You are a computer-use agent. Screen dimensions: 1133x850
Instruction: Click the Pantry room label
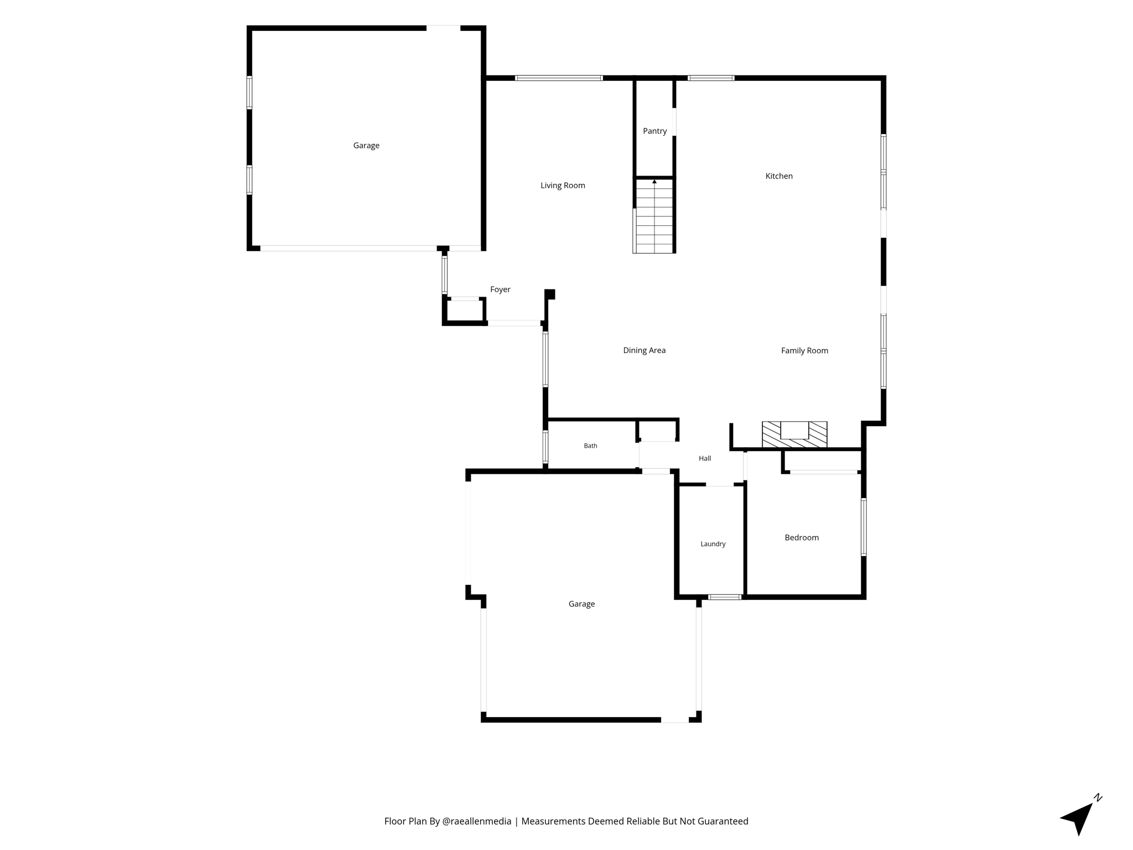(654, 131)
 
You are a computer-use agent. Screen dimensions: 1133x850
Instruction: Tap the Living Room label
(563, 185)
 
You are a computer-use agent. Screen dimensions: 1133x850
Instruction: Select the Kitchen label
(779, 176)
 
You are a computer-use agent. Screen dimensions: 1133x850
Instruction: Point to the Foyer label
(500, 289)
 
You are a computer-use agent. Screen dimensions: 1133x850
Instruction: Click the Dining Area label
(644, 350)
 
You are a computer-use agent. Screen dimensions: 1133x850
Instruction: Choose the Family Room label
(804, 350)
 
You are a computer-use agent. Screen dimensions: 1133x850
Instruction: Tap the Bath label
(590, 445)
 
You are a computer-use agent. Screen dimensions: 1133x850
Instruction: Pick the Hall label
(705, 458)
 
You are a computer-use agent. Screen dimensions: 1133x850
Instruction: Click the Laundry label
(713, 544)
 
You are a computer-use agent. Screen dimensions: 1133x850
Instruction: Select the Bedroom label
(802, 537)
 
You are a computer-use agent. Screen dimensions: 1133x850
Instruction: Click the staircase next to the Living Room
(654, 216)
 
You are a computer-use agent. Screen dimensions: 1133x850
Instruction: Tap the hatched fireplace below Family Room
(794, 434)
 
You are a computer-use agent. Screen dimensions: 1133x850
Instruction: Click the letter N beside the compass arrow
(1098, 797)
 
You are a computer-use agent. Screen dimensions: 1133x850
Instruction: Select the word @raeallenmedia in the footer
(477, 821)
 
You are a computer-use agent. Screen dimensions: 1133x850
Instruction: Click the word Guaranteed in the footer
(721, 821)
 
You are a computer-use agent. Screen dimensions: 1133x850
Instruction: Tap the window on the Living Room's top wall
(559, 78)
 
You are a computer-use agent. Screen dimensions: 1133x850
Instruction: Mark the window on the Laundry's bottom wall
(725, 597)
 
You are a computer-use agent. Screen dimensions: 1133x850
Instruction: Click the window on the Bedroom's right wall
(864, 527)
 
